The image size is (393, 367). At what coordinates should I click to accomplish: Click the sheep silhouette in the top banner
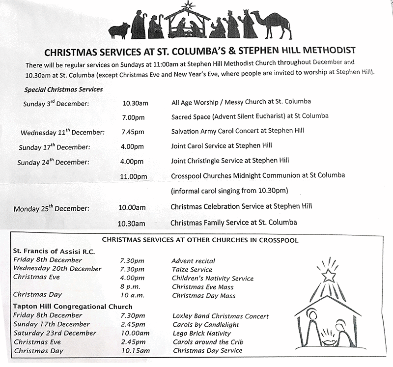point(119,31)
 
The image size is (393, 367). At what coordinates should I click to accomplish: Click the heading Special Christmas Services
point(63,89)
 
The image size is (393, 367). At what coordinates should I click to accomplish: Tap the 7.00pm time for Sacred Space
point(133,116)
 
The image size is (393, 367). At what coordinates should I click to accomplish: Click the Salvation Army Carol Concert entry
point(237,131)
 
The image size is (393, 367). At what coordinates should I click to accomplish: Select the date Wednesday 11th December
point(62,132)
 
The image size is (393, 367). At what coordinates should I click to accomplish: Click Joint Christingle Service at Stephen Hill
point(229,161)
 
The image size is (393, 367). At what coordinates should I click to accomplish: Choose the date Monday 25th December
point(52,208)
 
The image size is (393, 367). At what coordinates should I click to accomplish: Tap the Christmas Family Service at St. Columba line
point(233,223)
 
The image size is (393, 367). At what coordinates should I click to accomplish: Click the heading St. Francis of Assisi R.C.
point(54,251)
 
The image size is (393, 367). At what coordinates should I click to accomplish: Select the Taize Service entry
point(192,269)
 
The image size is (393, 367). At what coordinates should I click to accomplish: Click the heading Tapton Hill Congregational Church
point(72,306)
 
